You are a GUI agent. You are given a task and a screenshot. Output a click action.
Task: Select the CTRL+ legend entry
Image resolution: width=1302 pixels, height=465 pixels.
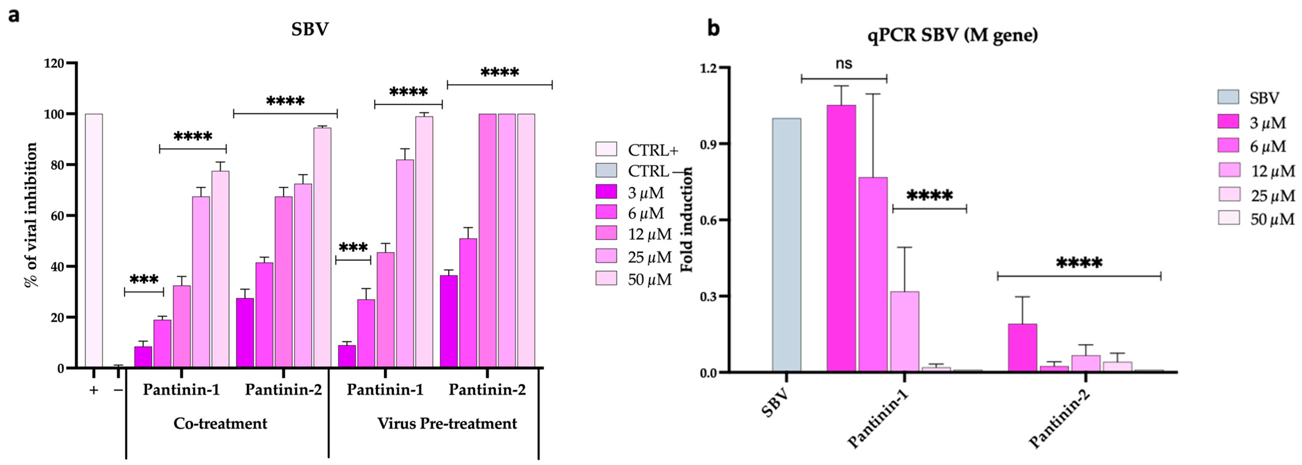click(x=637, y=150)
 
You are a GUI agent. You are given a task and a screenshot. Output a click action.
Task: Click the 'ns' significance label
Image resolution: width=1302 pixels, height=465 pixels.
click(x=844, y=64)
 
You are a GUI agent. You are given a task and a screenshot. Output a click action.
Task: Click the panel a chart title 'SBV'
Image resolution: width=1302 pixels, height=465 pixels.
click(x=309, y=29)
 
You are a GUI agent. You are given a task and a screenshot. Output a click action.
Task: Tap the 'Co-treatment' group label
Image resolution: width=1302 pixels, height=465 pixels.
click(x=220, y=423)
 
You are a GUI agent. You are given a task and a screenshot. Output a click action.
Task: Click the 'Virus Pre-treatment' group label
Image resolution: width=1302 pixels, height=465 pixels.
click(x=447, y=423)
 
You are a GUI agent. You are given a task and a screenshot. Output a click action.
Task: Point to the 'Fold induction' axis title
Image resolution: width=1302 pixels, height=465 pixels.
click(x=687, y=220)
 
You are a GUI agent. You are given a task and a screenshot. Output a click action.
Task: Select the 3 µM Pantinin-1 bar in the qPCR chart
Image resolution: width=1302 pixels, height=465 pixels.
click(x=841, y=238)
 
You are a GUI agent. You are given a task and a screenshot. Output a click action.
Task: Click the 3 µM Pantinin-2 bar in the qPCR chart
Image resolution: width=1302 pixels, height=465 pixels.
click(x=1022, y=348)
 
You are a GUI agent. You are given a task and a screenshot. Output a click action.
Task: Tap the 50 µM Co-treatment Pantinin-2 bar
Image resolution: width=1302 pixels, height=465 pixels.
click(x=322, y=247)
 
